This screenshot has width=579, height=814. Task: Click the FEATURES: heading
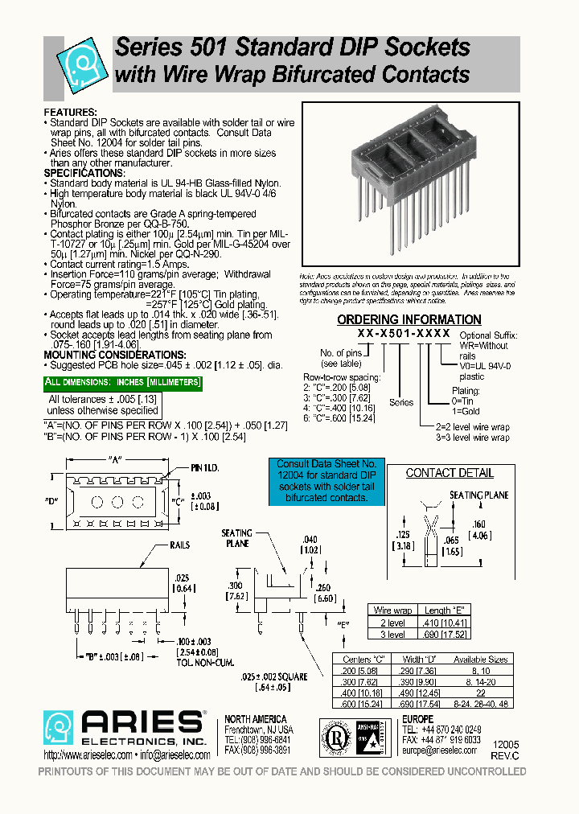70,112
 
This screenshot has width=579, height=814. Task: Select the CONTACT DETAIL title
450,473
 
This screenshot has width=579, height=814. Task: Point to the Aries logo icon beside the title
80,61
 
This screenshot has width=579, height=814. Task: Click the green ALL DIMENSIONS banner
122,382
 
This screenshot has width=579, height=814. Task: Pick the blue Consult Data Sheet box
326,481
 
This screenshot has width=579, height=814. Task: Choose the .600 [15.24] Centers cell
359,705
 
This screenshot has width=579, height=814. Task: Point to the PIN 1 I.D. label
205,467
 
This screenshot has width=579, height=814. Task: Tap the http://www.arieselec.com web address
84,755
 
